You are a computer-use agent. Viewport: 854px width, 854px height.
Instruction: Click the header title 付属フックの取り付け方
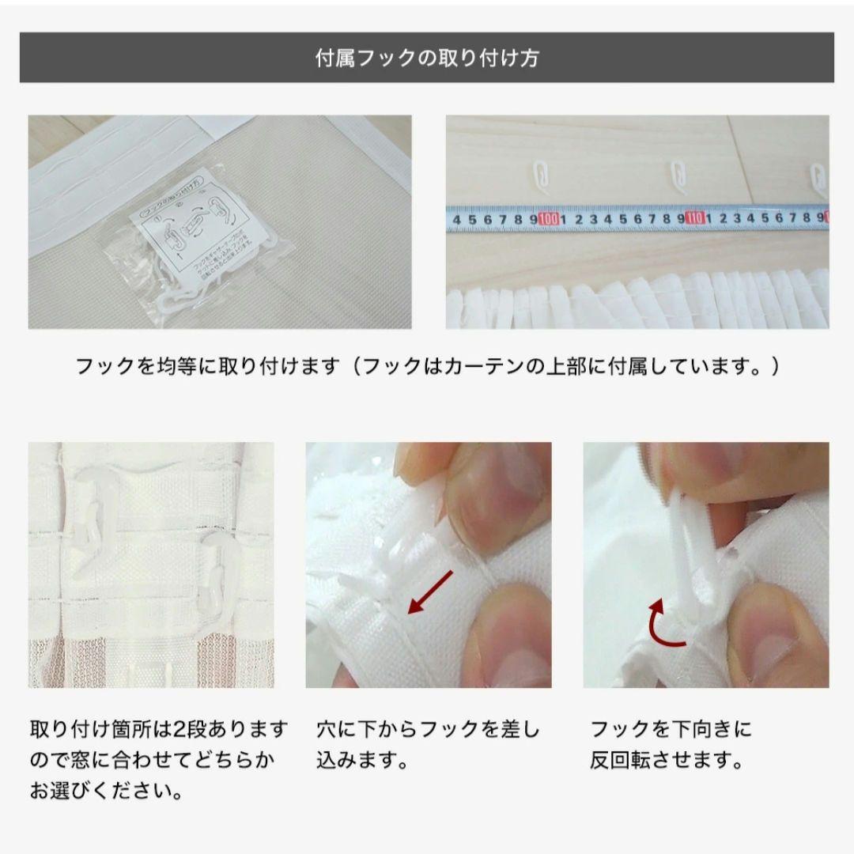point(427,59)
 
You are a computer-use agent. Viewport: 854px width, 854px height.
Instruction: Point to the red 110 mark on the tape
point(695,217)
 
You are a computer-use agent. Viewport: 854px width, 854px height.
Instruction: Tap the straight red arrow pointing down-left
point(430,592)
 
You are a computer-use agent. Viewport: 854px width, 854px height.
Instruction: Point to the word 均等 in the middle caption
point(176,367)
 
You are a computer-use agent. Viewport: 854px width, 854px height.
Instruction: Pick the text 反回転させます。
point(667,761)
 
